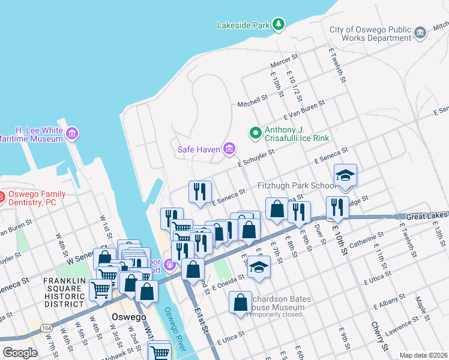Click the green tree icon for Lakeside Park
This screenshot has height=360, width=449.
[x=278, y=25]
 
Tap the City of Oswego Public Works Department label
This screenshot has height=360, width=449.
[x=370, y=34]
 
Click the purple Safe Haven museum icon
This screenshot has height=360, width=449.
[x=229, y=148]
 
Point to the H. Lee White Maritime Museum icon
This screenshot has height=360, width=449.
[x=73, y=133]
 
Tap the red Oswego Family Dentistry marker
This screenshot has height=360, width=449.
[x=2, y=196]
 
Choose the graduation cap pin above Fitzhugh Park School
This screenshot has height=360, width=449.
[x=345, y=176]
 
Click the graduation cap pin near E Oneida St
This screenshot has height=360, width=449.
[x=259, y=267]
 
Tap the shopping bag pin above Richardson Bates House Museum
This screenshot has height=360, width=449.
[x=240, y=303]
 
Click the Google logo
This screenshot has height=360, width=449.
[x=20, y=353]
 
